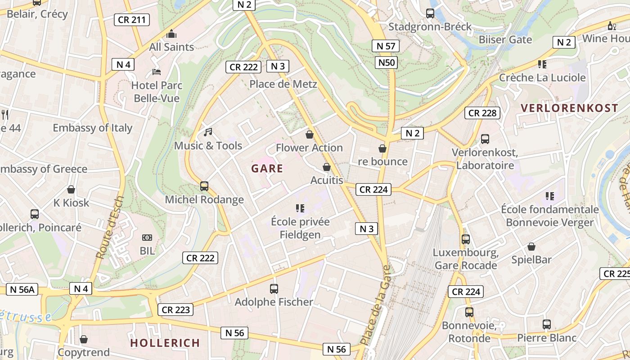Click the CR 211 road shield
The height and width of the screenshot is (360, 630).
click(x=131, y=20)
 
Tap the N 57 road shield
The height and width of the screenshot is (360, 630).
click(x=386, y=45)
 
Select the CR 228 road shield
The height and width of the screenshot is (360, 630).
click(x=482, y=113)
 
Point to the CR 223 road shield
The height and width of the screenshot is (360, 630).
click(x=175, y=310)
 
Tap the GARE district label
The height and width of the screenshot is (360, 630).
click(x=267, y=169)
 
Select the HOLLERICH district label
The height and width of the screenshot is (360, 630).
click(x=165, y=343)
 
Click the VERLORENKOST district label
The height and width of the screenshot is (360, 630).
click(x=569, y=108)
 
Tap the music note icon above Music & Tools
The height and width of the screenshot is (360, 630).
click(x=207, y=132)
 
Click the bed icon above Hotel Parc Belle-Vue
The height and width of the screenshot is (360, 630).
click(x=157, y=72)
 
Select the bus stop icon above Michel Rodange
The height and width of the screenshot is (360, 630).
click(x=204, y=186)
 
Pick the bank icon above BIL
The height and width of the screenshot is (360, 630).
click(x=147, y=238)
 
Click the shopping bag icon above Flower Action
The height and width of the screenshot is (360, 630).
click(x=309, y=134)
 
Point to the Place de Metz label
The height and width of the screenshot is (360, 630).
click(x=283, y=84)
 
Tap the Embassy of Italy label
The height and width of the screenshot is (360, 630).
click(x=93, y=128)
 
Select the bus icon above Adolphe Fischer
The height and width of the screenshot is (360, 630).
click(x=274, y=288)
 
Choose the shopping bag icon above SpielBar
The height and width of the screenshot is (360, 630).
click(x=531, y=247)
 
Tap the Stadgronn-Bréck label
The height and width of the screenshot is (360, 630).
click(x=430, y=27)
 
